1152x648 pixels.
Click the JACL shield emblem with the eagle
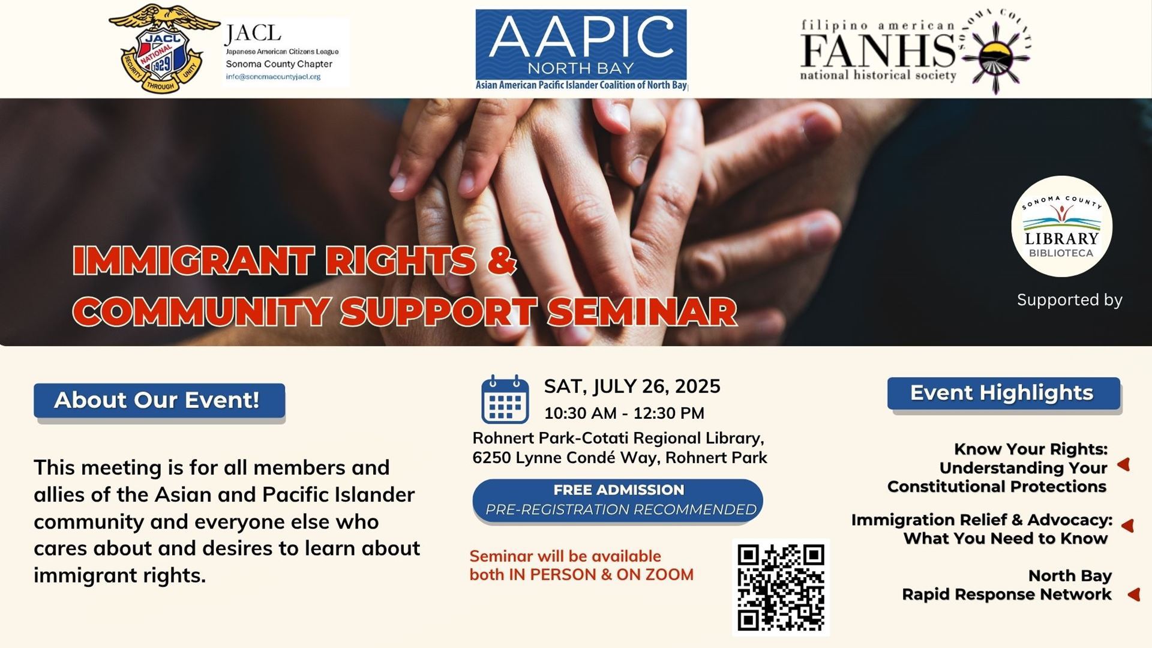(x=164, y=49)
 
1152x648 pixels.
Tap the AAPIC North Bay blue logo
(x=581, y=50)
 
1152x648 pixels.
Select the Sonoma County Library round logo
(x=1061, y=226)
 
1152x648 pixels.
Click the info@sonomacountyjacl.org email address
(x=273, y=77)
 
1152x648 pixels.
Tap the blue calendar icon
(x=505, y=400)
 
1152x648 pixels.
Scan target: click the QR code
(x=781, y=587)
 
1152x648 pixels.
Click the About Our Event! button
(x=159, y=400)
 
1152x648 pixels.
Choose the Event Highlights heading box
(x=1004, y=393)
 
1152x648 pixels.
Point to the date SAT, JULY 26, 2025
(x=632, y=386)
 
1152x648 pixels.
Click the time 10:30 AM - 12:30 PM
(x=624, y=413)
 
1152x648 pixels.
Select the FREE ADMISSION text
(x=619, y=490)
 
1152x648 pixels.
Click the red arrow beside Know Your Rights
(x=1124, y=464)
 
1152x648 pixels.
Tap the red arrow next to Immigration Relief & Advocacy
(x=1128, y=526)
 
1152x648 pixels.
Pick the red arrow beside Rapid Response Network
(x=1133, y=594)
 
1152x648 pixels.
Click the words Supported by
(x=1069, y=300)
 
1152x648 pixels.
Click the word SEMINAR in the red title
(x=641, y=312)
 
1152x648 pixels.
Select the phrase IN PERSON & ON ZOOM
(x=601, y=575)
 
